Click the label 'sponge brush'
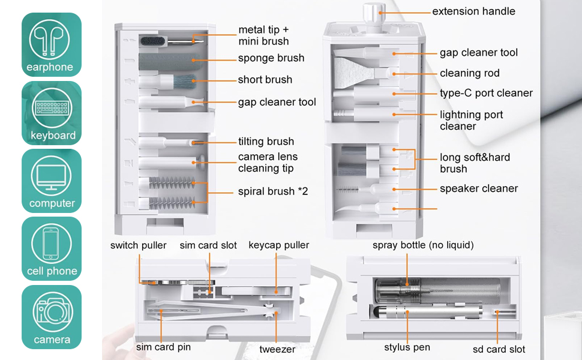[x=271, y=58]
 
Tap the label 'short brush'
[x=265, y=80]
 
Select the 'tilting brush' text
[x=266, y=142]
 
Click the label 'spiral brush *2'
[x=273, y=192]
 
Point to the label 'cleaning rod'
[x=469, y=73]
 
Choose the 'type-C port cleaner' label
[x=486, y=93]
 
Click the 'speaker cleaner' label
[x=478, y=188]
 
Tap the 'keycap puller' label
[x=279, y=245]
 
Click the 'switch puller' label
[x=138, y=245]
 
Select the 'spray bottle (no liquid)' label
[x=423, y=245]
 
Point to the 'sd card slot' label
[x=499, y=349]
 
